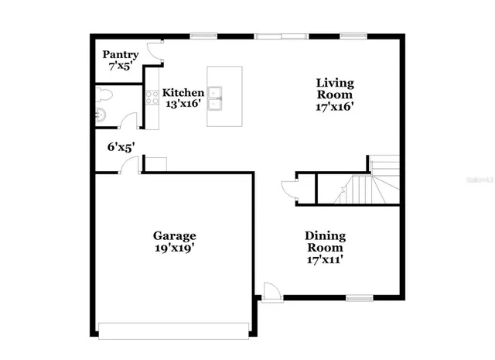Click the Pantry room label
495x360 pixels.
(121, 54)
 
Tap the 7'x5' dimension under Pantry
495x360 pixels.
(121, 67)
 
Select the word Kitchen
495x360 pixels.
(183, 92)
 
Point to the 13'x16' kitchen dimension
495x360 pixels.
(183, 104)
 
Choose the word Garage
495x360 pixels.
(174, 235)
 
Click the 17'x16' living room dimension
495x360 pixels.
(335, 107)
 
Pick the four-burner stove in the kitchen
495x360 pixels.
(152, 97)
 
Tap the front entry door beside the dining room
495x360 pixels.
(271, 291)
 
